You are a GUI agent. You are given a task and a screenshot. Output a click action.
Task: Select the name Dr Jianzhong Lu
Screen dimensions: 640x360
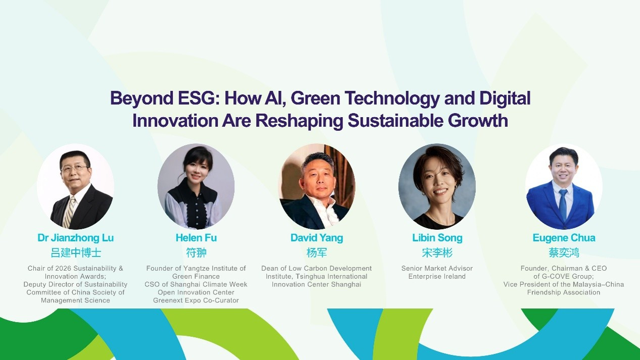coord(75,238)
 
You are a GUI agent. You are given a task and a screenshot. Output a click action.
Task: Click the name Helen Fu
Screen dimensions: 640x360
coord(196,238)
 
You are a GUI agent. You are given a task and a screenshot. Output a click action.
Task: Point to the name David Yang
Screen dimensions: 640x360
coord(317,238)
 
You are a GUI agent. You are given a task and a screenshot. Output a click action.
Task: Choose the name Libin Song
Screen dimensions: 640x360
coord(437,238)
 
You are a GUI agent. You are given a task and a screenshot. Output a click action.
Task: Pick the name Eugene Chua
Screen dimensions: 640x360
coord(564,238)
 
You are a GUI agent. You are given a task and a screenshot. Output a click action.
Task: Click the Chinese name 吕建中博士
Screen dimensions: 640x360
coord(76,252)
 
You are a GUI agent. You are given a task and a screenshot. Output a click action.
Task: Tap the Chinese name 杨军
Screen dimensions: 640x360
coord(317,252)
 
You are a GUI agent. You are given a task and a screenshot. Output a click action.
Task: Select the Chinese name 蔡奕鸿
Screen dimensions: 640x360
coord(564,252)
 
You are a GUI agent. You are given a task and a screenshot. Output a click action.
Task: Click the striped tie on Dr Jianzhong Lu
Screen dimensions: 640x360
coord(69,212)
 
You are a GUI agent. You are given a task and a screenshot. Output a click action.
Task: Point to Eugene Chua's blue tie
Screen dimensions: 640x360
coord(563,204)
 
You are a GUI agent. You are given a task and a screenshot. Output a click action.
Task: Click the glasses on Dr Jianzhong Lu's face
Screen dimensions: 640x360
coord(74,168)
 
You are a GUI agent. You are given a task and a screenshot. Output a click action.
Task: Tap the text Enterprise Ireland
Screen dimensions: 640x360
coord(437,276)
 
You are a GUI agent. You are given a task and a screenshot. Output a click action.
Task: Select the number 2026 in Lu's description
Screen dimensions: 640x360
coord(63,268)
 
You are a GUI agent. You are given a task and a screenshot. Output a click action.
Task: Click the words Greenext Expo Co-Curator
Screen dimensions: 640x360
coord(196,300)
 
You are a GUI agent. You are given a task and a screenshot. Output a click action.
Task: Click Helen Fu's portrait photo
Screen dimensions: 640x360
coord(196,186)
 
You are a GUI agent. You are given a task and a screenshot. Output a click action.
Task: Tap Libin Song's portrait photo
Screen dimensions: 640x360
coord(437,186)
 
